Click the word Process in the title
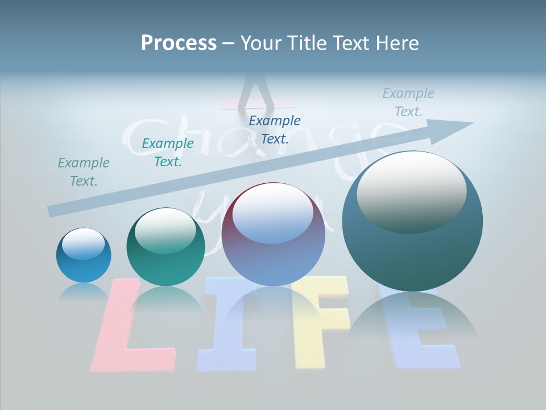pos(179,43)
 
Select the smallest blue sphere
pos(84,255)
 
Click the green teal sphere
pos(166,247)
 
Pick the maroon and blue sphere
pos(273,234)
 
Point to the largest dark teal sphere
pos(412,221)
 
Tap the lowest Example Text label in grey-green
pos(84,172)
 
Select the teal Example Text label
pos(168,153)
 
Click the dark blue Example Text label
pos(275,129)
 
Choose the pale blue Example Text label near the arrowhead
pos(408,102)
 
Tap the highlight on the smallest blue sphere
pos(83,244)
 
